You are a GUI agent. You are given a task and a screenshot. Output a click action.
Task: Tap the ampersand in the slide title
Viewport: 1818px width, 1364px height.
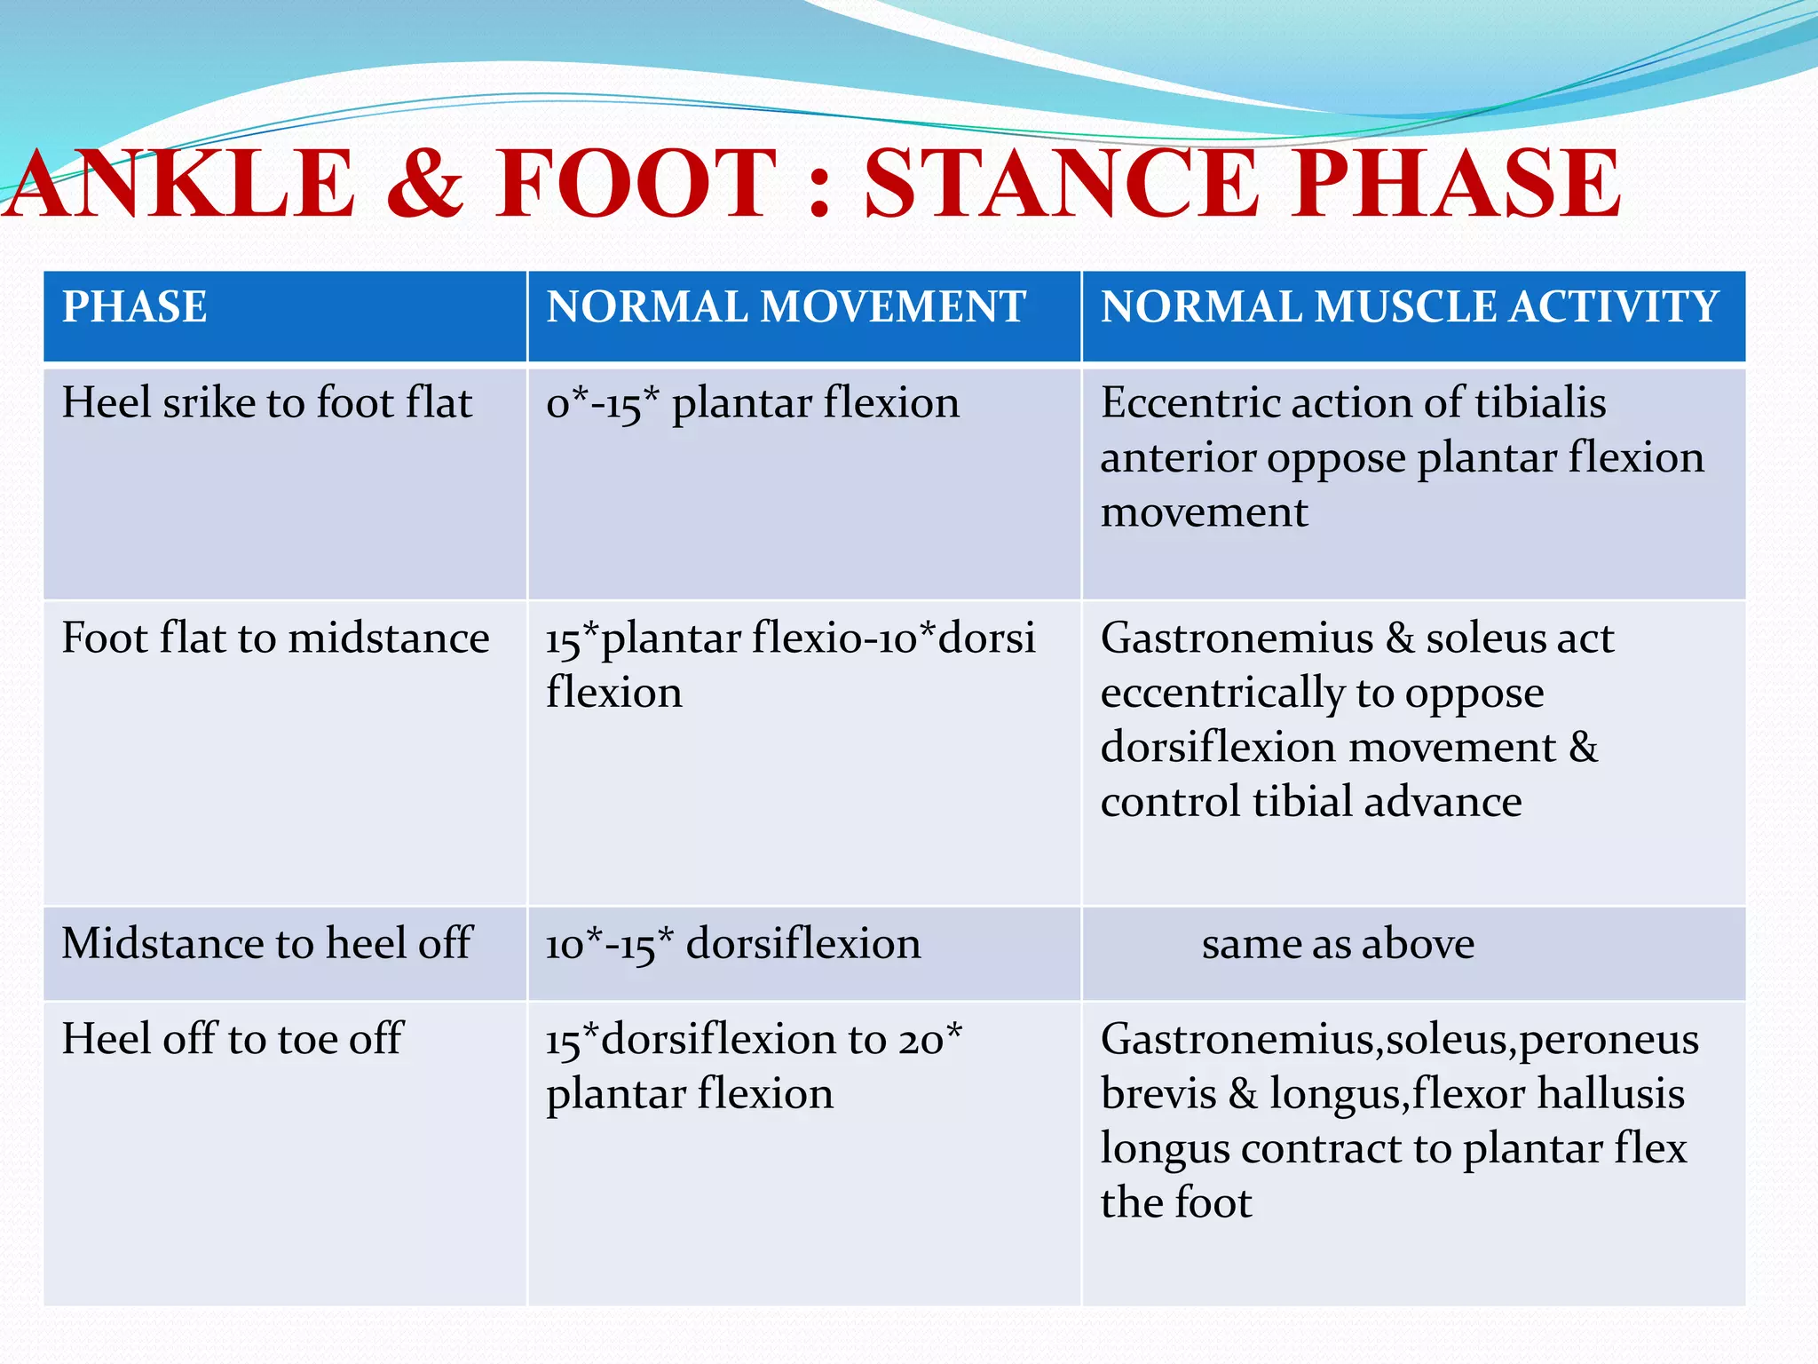425,184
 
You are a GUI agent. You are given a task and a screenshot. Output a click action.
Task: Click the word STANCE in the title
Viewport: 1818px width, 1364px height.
1062,184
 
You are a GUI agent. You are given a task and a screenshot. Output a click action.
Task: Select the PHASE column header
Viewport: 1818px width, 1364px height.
135,307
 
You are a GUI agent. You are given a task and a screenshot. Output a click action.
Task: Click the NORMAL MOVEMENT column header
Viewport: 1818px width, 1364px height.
786,307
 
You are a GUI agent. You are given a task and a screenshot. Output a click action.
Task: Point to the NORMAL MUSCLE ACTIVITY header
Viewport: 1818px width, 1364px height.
1410,307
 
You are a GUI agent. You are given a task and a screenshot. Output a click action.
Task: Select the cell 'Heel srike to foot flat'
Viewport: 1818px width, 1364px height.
266,403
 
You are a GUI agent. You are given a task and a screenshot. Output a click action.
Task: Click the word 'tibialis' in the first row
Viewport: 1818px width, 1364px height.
1540,403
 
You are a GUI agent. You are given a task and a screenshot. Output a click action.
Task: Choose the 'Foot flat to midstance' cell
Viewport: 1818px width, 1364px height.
275,638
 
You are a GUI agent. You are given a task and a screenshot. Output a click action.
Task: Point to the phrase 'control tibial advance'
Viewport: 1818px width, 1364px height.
1311,802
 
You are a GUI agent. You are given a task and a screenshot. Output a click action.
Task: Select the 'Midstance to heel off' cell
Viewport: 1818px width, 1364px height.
266,943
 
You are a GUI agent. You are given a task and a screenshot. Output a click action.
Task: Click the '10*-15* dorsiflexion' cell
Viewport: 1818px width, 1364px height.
733,944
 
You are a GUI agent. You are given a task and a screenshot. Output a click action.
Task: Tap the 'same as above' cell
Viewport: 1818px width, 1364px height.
1338,944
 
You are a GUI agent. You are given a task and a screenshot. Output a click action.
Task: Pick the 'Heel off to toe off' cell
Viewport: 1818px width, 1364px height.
233,1039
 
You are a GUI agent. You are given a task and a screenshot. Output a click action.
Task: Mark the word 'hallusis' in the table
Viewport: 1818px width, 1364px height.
1610,1093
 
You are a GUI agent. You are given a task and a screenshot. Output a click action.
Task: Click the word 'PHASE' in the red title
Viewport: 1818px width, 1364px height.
1457,184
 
